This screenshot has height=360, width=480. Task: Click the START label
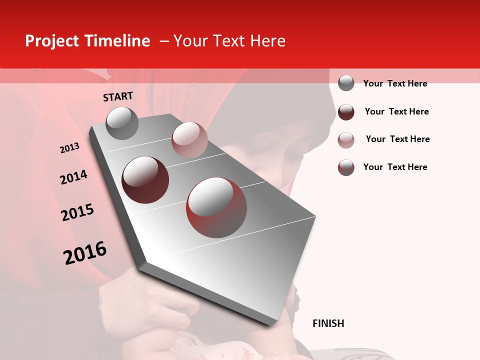coord(118,96)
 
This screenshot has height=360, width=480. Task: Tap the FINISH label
coord(328,323)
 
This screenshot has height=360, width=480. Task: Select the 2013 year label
coord(69,148)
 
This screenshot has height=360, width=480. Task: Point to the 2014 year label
coord(73,177)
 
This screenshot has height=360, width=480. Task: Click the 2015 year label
coord(77,212)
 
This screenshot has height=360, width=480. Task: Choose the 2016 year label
coord(85,253)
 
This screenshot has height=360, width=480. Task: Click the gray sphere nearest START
coord(122,123)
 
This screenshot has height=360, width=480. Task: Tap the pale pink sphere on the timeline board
coord(189,139)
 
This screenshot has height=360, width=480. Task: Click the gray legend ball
coord(346,83)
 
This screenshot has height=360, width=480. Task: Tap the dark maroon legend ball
coord(346,112)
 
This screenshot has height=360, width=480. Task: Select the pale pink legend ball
coord(346,140)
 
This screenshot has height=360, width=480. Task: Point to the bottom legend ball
coord(346,167)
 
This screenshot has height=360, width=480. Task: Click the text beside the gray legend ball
coord(395,83)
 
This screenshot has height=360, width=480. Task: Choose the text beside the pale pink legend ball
coord(397,139)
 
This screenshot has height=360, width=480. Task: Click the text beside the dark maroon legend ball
coord(396,111)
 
